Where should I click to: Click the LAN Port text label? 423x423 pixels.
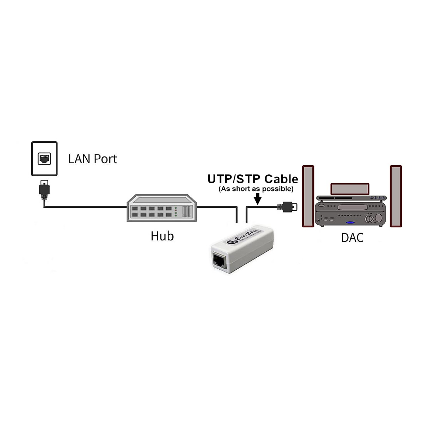tap(92, 159)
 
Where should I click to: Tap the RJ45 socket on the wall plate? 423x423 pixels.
tap(44, 159)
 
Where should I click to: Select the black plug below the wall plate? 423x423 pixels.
tap(44, 188)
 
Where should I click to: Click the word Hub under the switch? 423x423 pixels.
tap(162, 236)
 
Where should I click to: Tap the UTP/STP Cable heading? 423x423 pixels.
tap(252, 179)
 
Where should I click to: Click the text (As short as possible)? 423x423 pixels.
tap(256, 189)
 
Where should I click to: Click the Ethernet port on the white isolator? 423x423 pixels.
tap(219, 260)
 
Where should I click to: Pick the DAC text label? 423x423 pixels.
tap(352, 238)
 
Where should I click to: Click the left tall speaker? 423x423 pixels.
tap(308, 196)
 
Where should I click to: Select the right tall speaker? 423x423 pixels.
tap(396, 196)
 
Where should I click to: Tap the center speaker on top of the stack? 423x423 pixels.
tap(350, 189)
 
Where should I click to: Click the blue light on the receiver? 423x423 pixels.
tap(350, 223)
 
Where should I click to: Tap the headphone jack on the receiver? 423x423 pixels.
tap(319, 221)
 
